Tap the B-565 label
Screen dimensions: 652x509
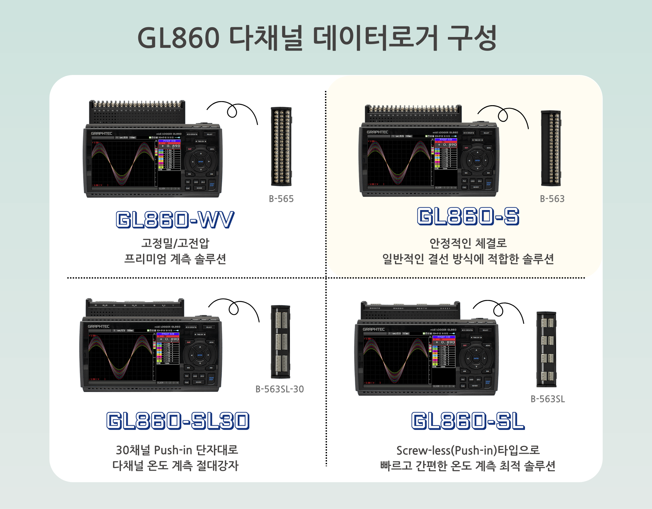[x=281, y=199]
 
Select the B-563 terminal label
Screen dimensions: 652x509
[x=552, y=199]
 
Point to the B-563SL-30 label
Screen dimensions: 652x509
[x=279, y=389]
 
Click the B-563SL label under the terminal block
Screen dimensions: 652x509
[x=548, y=399]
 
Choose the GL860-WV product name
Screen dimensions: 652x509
[x=175, y=220]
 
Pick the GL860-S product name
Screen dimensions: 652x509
[x=468, y=216]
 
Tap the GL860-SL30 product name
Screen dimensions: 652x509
[x=178, y=421]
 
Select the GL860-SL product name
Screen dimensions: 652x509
[x=468, y=421]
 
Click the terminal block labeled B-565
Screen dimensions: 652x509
[x=281, y=147]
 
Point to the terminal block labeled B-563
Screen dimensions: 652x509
[x=551, y=148]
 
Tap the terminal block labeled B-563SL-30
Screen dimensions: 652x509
[x=280, y=342]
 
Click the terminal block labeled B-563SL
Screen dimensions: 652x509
[x=546, y=349]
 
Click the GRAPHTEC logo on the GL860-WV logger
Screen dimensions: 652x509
[x=101, y=134]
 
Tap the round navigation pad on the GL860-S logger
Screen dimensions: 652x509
[x=477, y=160]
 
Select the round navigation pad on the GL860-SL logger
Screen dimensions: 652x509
[x=476, y=358]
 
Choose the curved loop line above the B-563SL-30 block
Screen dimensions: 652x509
[x=234, y=308]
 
